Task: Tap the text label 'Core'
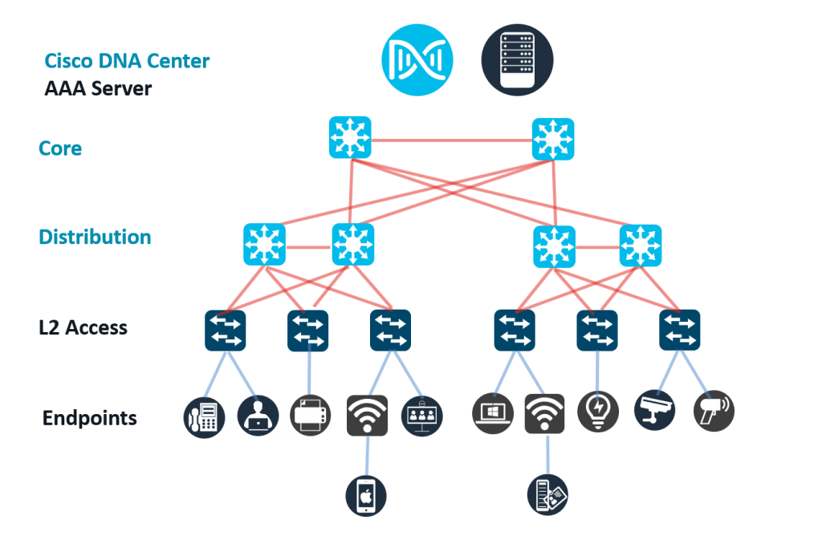tap(60, 148)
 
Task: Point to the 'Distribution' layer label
tap(95, 237)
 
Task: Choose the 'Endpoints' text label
tap(90, 418)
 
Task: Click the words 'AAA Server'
tap(98, 88)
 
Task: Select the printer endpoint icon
tap(310, 415)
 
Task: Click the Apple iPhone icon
tap(367, 496)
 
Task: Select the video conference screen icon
tap(421, 415)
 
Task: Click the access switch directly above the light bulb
tap(597, 330)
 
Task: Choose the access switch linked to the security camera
tap(680, 330)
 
